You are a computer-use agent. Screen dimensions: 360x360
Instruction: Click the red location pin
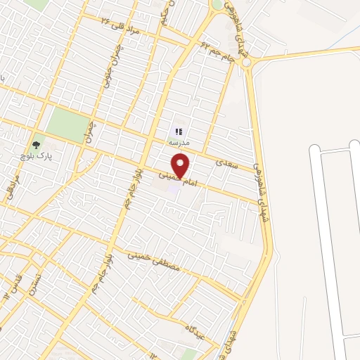coord(181,165)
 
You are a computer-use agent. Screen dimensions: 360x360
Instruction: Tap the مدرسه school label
coord(179,141)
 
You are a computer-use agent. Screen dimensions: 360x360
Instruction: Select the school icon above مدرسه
coord(179,131)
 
